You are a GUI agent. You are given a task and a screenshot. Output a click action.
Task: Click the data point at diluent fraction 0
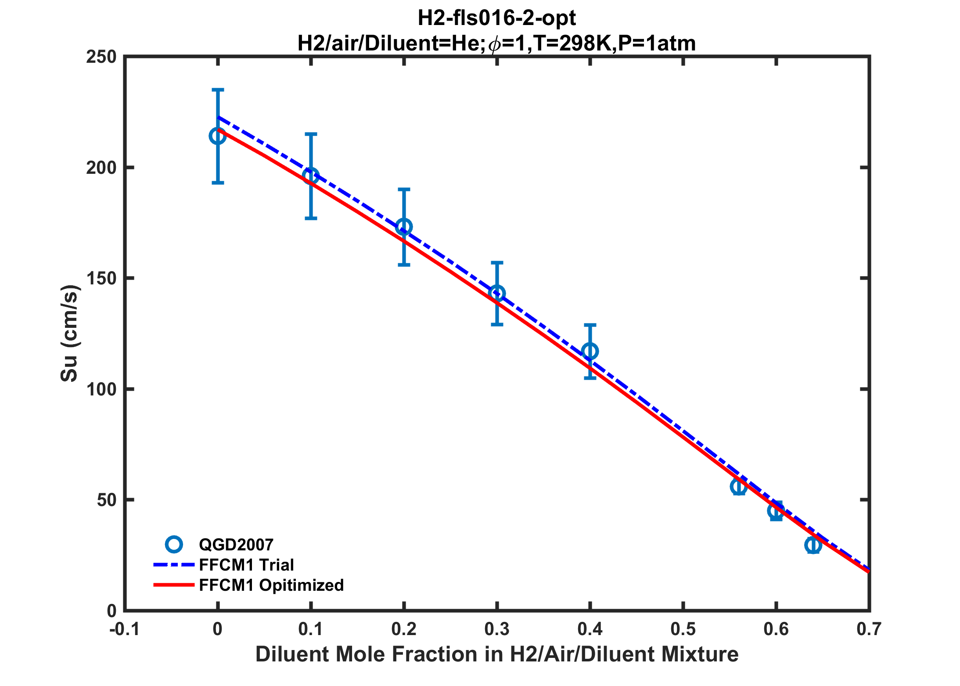point(218,136)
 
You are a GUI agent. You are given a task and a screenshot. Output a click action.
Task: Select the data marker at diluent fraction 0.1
point(311,176)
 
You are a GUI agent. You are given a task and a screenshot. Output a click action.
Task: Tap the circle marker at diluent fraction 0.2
point(404,227)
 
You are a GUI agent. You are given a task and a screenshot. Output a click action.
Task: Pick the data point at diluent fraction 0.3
point(497,293)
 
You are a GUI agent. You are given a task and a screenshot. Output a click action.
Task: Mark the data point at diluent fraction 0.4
point(590,351)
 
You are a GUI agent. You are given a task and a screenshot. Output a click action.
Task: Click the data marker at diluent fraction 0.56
point(739,486)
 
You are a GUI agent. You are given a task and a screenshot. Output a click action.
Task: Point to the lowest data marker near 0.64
point(813,545)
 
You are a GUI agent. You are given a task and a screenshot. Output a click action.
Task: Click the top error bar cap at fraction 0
point(218,90)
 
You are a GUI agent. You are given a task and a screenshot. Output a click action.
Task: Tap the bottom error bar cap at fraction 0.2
point(404,265)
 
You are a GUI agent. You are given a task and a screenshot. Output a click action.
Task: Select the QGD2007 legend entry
point(236,545)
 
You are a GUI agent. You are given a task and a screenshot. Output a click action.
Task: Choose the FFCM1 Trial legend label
point(246,565)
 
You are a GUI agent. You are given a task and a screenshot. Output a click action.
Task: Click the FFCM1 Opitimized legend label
point(271,585)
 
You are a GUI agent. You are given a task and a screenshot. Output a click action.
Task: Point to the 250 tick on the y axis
point(101,57)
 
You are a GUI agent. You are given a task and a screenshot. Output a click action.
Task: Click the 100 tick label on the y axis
point(101,389)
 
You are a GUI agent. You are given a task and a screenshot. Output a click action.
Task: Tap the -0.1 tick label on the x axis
point(125,629)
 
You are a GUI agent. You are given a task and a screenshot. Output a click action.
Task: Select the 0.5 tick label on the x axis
point(683,629)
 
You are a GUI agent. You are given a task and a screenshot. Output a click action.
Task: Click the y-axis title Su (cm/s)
point(69,334)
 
